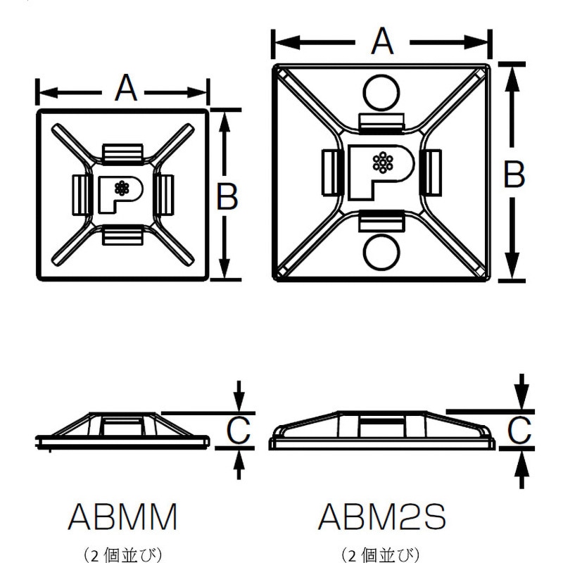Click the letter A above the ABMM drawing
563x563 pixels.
coord(124,89)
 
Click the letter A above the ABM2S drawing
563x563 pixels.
coord(381,42)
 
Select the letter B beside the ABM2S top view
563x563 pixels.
coord(514,175)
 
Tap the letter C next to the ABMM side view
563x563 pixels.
coord(239,430)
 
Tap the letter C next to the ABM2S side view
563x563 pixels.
coord(519,430)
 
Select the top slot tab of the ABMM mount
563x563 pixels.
coord(122,151)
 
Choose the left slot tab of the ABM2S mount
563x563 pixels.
coord(331,171)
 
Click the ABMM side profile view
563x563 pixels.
coord(122,430)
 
